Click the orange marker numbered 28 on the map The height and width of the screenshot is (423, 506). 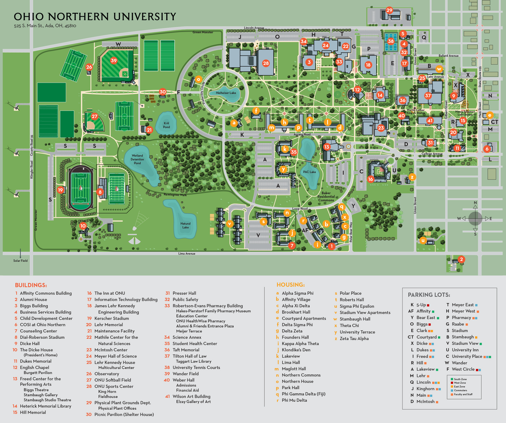click(x=266, y=63)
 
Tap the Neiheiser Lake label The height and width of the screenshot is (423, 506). click(x=226, y=93)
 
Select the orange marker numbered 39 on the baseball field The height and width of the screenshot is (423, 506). click(x=114, y=60)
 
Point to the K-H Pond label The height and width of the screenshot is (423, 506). click(x=166, y=125)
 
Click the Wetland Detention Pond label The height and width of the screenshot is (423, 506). click(x=137, y=159)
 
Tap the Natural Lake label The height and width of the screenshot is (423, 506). click(x=185, y=225)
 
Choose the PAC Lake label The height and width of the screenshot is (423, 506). click(x=309, y=172)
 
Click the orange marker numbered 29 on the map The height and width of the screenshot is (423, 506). click(x=389, y=10)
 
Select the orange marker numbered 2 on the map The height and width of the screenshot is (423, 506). click(x=461, y=259)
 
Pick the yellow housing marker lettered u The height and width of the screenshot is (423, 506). click(x=423, y=240)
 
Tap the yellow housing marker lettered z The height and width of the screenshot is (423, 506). click(x=412, y=177)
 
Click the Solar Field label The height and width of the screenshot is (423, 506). click(x=20, y=261)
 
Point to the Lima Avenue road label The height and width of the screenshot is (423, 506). click(x=187, y=254)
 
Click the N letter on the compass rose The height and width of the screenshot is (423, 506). click(x=475, y=203)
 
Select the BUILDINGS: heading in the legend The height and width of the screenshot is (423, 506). click(x=31, y=285)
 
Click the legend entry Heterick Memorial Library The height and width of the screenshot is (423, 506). click(x=45, y=406)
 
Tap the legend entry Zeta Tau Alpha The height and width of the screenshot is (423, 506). click(x=354, y=338)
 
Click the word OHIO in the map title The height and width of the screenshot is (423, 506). click(x=29, y=17)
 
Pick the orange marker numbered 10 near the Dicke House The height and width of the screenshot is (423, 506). click(x=83, y=226)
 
